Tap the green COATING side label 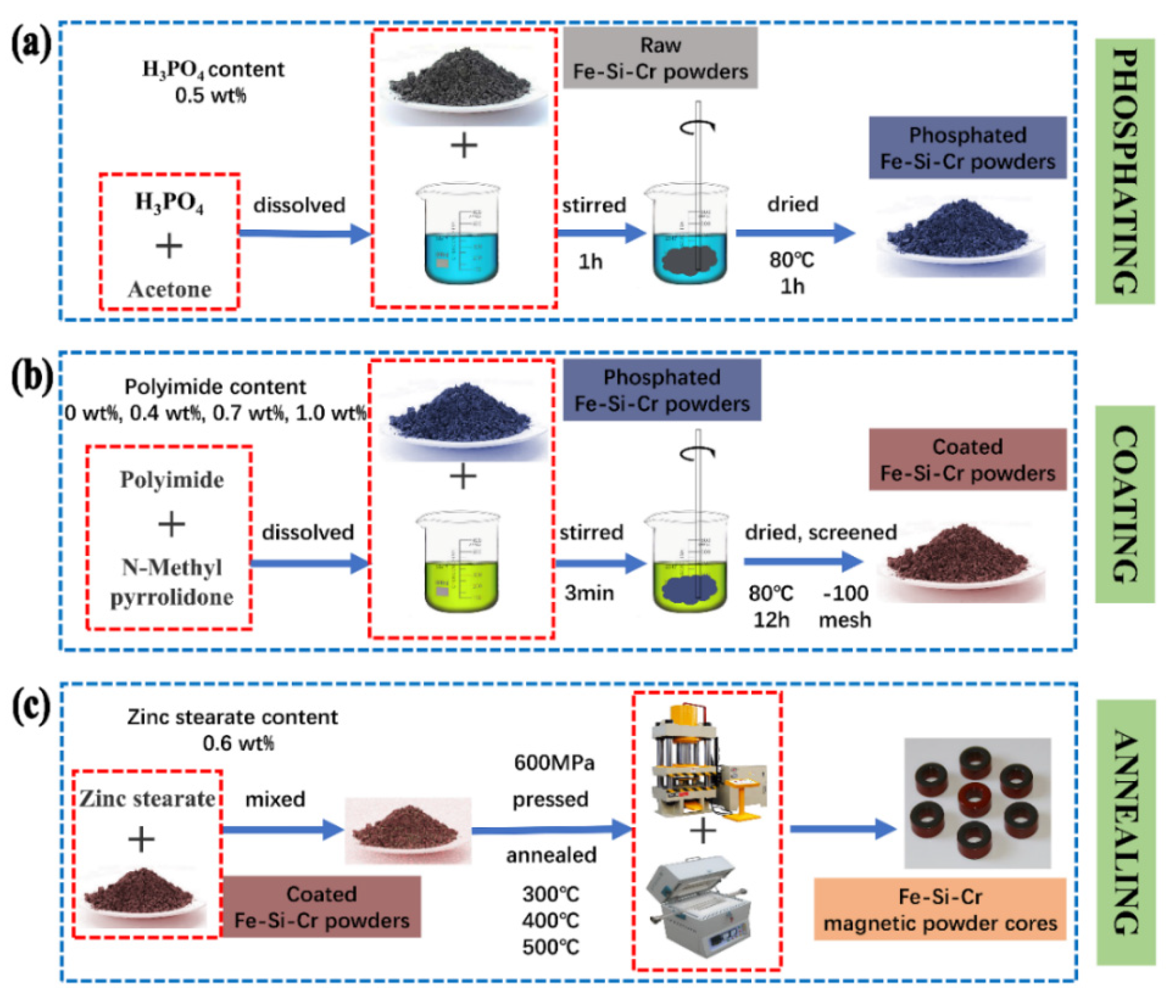pyautogui.click(x=1124, y=504)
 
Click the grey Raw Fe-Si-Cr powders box pyautogui.click(x=660, y=58)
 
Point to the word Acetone pyautogui.click(x=170, y=290)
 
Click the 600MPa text pyautogui.click(x=553, y=763)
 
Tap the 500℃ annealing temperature pyautogui.click(x=550, y=947)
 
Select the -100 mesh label pyautogui.click(x=845, y=607)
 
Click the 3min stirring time pyautogui.click(x=589, y=593)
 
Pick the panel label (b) pyautogui.click(x=31, y=377)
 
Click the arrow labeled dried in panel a pyautogui.click(x=794, y=233)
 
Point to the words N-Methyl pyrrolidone pyautogui.click(x=172, y=582)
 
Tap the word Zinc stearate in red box pyautogui.click(x=147, y=799)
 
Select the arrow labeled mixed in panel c pyautogui.click(x=282, y=829)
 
